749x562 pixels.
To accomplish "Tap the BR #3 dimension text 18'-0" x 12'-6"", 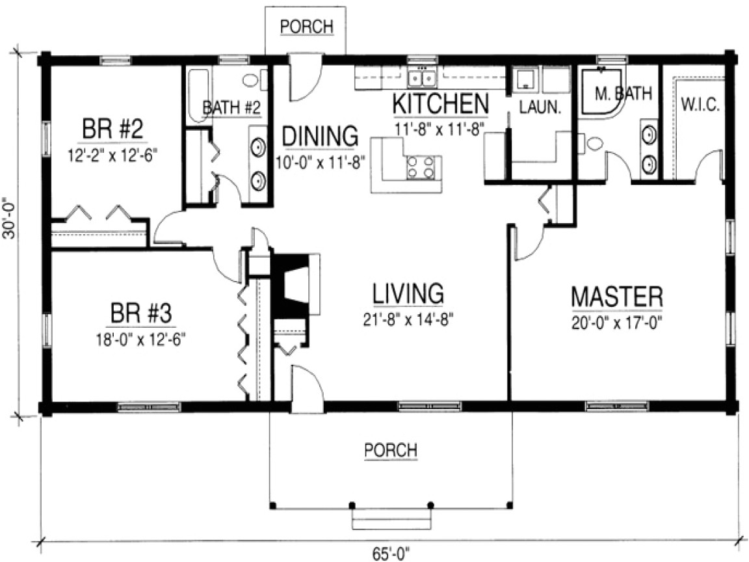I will point(140,338).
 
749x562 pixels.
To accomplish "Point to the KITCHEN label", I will point(440,103).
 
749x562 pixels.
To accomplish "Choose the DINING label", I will point(320,137).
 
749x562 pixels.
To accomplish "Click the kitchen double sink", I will point(422,79).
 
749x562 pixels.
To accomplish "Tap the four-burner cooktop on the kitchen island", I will point(419,167).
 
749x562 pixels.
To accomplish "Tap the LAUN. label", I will point(539,108).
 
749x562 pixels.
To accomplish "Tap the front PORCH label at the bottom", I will point(390,449).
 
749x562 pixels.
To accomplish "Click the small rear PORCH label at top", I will point(306,27).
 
